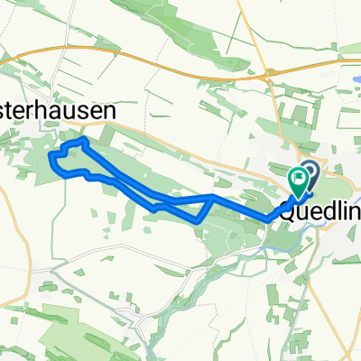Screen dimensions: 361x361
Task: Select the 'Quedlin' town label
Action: tap(319, 214)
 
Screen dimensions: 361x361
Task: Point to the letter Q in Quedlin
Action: tap(289, 214)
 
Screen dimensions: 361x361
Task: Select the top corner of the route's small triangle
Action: tap(212, 195)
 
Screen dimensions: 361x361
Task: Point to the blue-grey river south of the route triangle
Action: tap(217, 244)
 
